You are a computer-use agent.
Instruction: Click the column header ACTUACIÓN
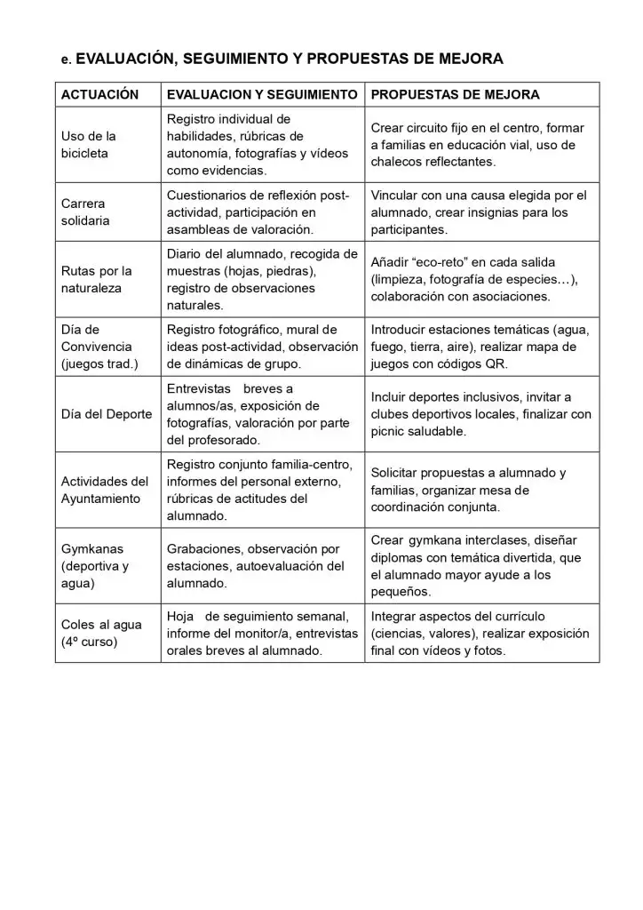(100, 94)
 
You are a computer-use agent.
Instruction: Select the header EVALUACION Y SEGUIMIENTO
(262, 94)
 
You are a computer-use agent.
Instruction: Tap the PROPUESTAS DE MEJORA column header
(455, 94)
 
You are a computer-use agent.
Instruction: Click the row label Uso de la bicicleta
(88, 145)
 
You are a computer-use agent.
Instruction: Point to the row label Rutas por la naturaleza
(97, 280)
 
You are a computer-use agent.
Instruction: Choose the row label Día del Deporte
(107, 414)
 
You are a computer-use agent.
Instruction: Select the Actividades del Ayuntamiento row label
(105, 490)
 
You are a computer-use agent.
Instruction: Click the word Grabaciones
(205, 549)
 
